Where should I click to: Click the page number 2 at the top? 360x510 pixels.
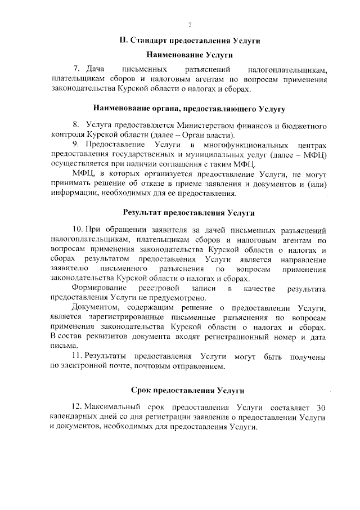[190, 25]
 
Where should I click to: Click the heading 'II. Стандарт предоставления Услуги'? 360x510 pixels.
[190, 41]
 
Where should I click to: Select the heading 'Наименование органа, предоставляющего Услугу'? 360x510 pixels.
[190, 107]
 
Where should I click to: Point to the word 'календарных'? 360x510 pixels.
[76, 417]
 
